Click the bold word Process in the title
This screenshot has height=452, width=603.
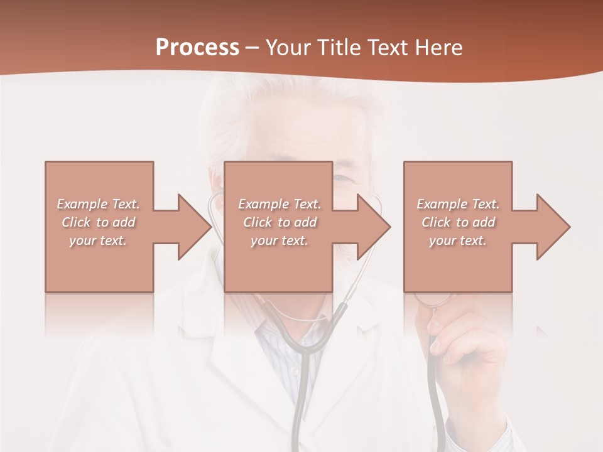pos(197,48)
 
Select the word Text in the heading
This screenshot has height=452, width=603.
pos(389,48)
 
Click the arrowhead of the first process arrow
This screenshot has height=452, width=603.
pos(195,227)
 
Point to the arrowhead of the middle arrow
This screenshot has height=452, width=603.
pos(374,227)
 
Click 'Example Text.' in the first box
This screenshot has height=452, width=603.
pos(98,204)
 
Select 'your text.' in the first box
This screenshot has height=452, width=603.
pos(98,240)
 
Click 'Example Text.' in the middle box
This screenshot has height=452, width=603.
pos(280,204)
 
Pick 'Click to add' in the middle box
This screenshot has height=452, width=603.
pos(280,222)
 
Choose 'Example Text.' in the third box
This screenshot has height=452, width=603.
pos(458,204)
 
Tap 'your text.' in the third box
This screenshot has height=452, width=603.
pos(458,240)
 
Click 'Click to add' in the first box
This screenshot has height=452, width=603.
pos(98,222)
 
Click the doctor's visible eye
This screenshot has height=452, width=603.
pos(343,178)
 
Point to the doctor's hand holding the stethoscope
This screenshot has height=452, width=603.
pos(465,352)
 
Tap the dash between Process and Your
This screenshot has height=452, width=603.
pos(253,48)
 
